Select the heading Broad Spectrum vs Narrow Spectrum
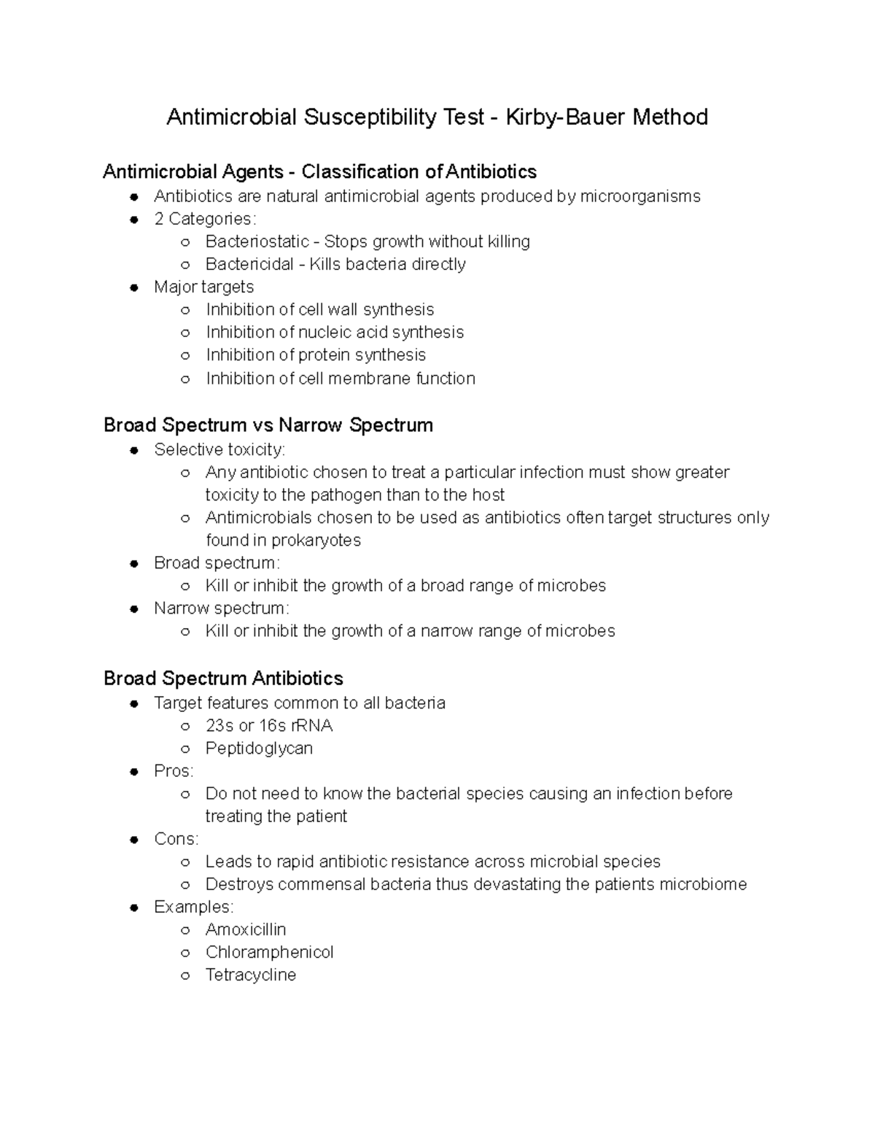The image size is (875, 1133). [268, 425]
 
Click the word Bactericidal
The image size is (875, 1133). [249, 264]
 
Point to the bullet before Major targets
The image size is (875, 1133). [134, 287]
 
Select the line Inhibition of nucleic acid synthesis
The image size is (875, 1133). [335, 333]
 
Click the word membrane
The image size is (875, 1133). [370, 379]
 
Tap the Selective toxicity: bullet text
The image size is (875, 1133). [219, 449]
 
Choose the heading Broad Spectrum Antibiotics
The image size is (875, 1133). [223, 678]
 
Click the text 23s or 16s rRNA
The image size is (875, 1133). [269, 726]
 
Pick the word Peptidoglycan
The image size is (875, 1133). [259, 749]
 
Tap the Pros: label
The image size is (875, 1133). [174, 771]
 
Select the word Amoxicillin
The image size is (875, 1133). [246, 929]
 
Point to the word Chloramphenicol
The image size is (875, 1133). [269, 952]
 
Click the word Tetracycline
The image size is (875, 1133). [251, 975]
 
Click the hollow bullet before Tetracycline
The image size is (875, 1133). [185, 975]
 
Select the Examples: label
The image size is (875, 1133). [193, 907]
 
